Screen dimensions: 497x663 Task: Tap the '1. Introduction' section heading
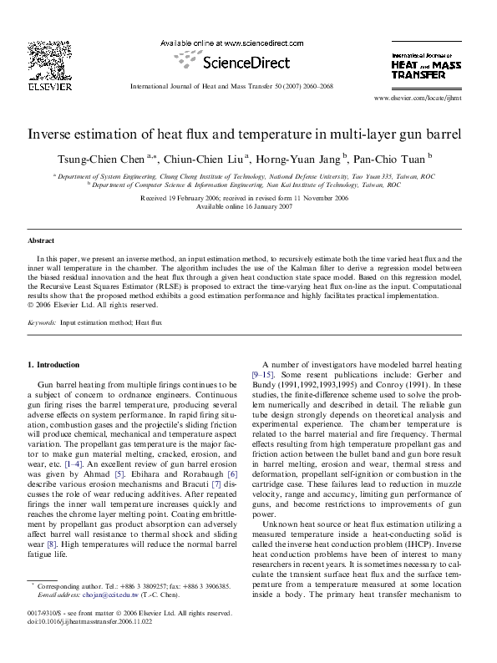(x=54, y=365)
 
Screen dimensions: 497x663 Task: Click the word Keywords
(x=42, y=321)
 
